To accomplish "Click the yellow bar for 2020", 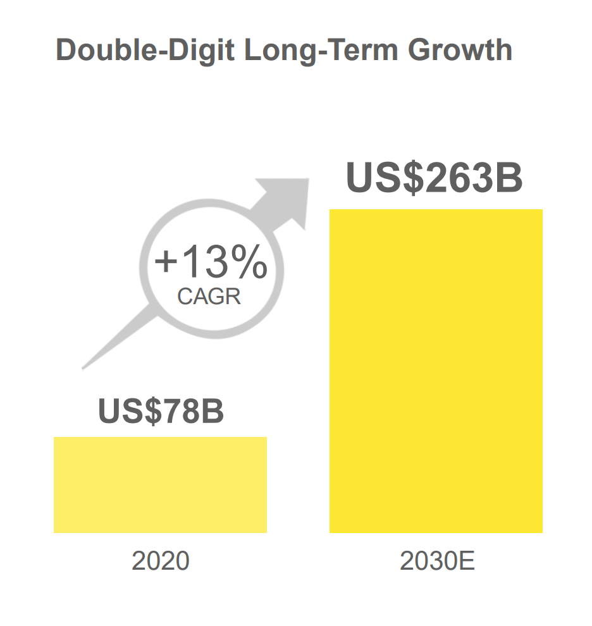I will click(x=160, y=484).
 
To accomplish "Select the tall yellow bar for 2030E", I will click(x=436, y=371).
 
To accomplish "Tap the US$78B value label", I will click(x=161, y=410).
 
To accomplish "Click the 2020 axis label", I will click(x=160, y=561).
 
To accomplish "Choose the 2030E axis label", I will click(x=437, y=561).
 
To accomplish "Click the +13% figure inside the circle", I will click(x=210, y=263).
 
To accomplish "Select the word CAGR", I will click(x=209, y=297).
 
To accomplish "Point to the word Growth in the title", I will click(x=460, y=50).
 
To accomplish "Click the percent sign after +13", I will click(x=248, y=263).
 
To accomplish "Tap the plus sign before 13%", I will click(x=166, y=263).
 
